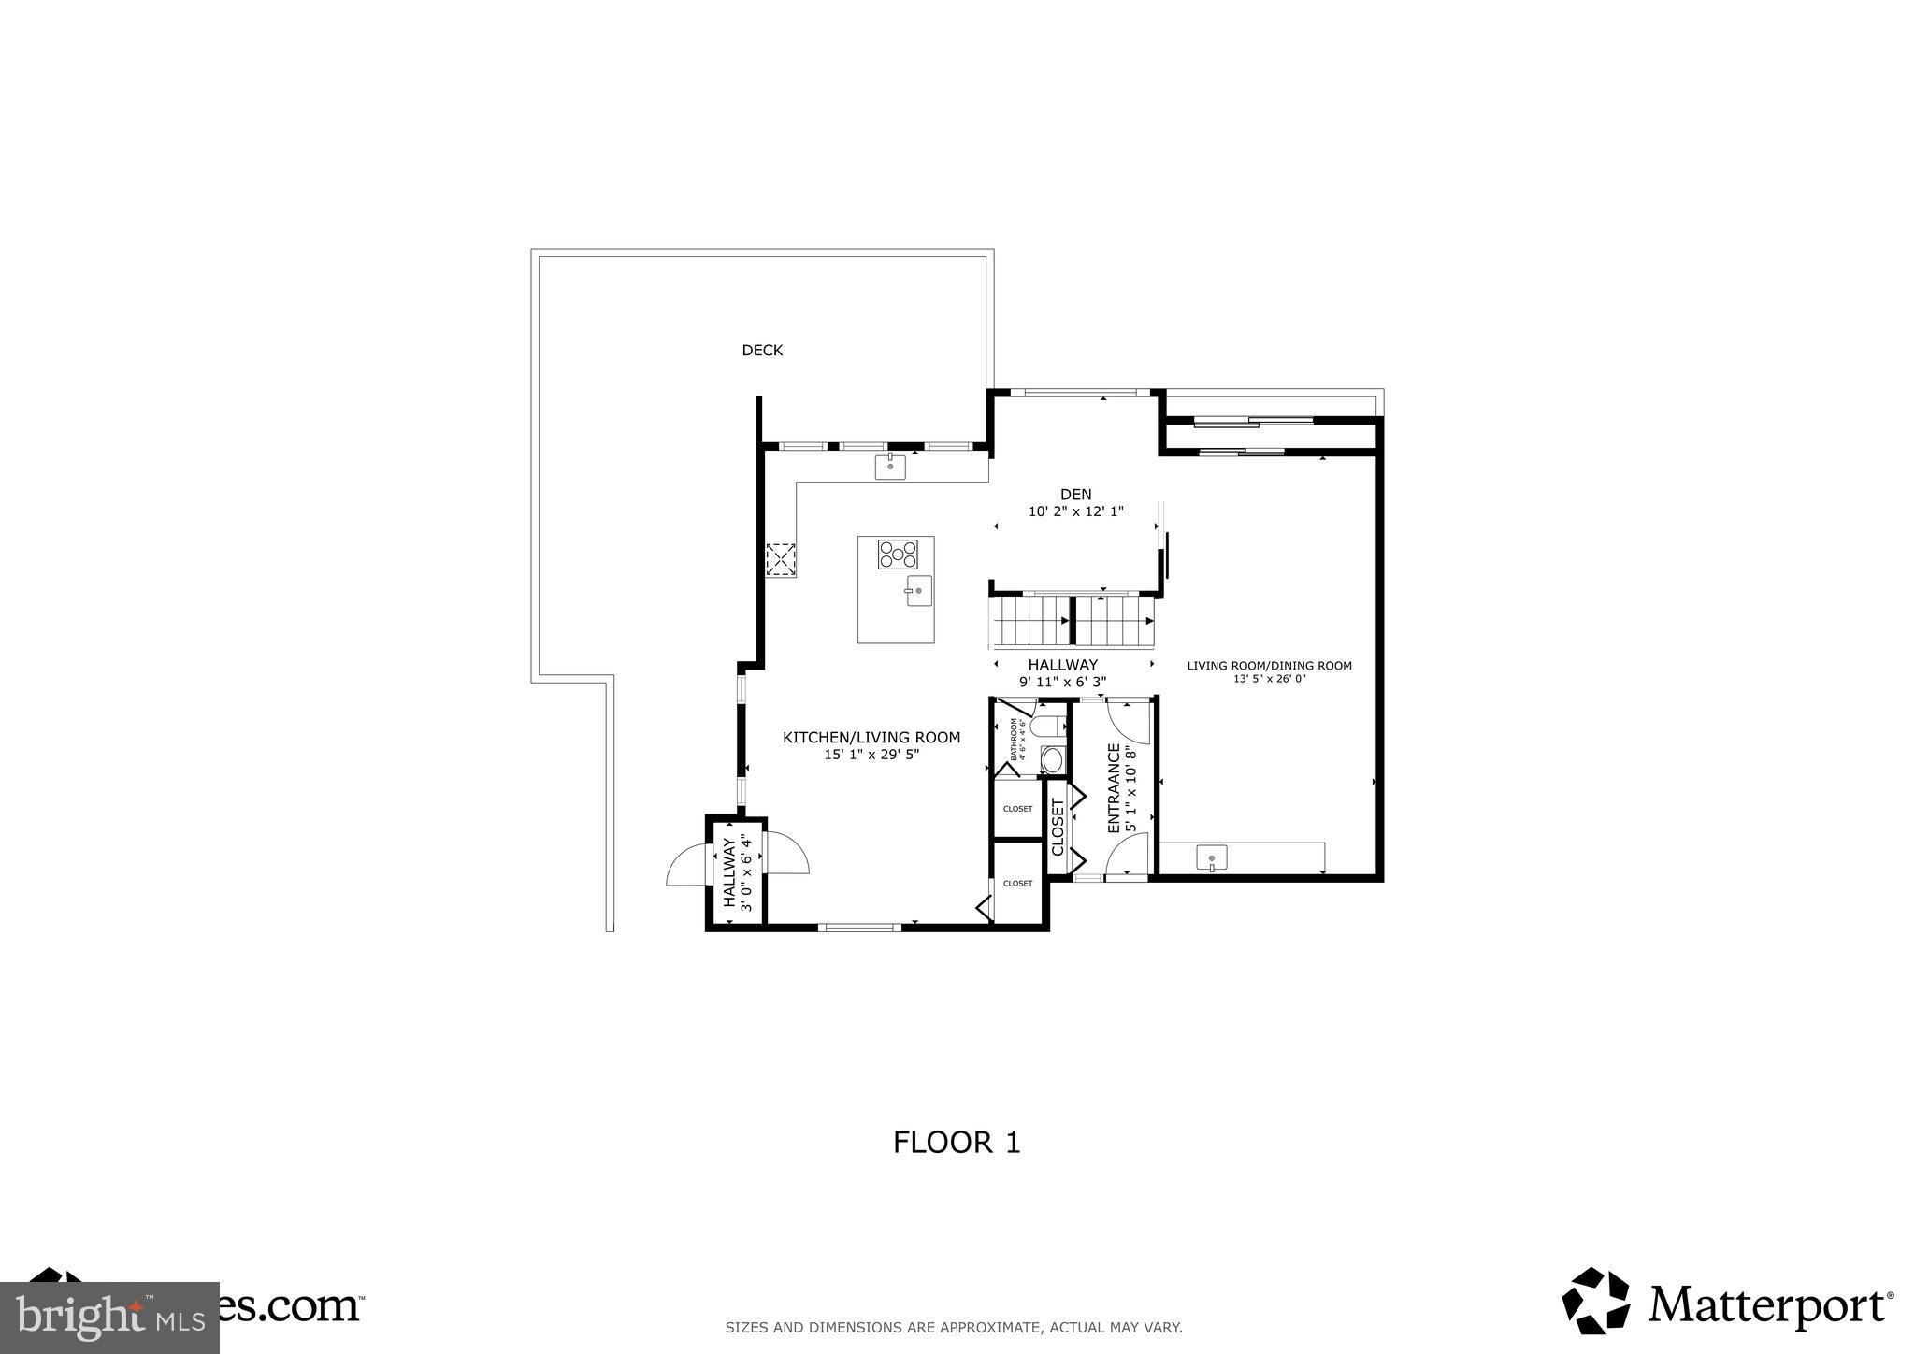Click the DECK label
762,351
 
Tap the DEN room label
1075,495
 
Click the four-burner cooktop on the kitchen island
898,555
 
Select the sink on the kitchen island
918,591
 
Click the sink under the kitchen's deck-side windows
890,466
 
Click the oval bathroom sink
1053,759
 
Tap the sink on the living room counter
1212,857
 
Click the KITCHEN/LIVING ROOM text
871,738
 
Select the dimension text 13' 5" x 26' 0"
1269,679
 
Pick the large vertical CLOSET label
1058,827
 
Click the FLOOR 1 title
956,1143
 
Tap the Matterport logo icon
1595,1301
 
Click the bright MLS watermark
109,1318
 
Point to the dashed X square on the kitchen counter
781,560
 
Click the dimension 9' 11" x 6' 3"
1062,682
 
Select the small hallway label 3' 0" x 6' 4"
745,873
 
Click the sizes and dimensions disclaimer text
954,1327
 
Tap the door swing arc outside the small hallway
687,865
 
